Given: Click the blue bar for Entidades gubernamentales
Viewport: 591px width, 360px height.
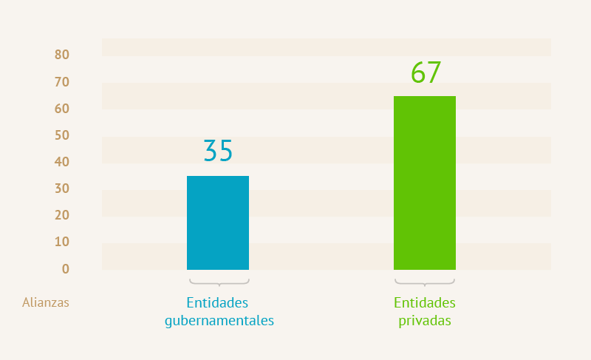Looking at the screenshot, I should [x=218, y=223].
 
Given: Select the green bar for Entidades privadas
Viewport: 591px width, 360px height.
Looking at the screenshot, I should [x=425, y=183].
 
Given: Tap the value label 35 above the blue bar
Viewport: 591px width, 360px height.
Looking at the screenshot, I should [x=218, y=150].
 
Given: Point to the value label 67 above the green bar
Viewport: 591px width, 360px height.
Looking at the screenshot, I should [x=426, y=73].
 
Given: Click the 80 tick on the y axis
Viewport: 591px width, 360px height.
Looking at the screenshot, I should [x=62, y=55].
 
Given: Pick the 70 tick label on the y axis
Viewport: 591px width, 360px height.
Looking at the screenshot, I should [x=62, y=81].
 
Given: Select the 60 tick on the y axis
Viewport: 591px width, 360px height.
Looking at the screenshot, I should [x=62, y=109].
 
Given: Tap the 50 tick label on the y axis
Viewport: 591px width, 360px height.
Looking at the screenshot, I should [x=62, y=135].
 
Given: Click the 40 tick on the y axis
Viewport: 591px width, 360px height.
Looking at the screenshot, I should [x=62, y=162].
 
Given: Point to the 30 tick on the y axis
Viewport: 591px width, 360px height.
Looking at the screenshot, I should [x=62, y=189].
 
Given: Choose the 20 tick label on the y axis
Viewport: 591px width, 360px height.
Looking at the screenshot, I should [x=62, y=215].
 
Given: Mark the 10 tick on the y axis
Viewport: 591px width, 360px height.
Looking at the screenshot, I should [x=62, y=242].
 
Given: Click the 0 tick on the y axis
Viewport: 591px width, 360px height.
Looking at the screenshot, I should [x=66, y=268].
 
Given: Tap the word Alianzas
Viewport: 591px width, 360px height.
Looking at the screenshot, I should [x=46, y=302].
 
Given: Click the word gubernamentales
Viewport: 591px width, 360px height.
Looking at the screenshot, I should [x=219, y=322].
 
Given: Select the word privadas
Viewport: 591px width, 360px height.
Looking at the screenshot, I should [x=425, y=322].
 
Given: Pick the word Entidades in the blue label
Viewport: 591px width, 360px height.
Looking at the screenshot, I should [x=217, y=303].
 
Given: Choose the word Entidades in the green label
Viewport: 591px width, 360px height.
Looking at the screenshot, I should [x=425, y=303].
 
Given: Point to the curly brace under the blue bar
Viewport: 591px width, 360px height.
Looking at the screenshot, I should [x=219, y=282].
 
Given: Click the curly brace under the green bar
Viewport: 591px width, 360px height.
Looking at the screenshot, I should [x=425, y=282].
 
